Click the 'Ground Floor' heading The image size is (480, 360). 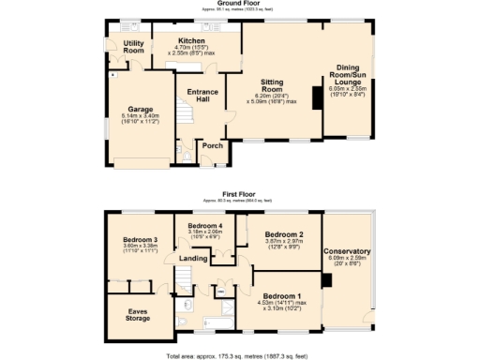[x=239, y=3]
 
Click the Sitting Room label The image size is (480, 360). [x=278, y=86]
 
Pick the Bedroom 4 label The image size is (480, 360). [x=205, y=228]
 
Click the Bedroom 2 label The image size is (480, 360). [x=283, y=233]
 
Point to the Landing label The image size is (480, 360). [x=194, y=259]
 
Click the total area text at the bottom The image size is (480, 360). [x=239, y=356]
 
